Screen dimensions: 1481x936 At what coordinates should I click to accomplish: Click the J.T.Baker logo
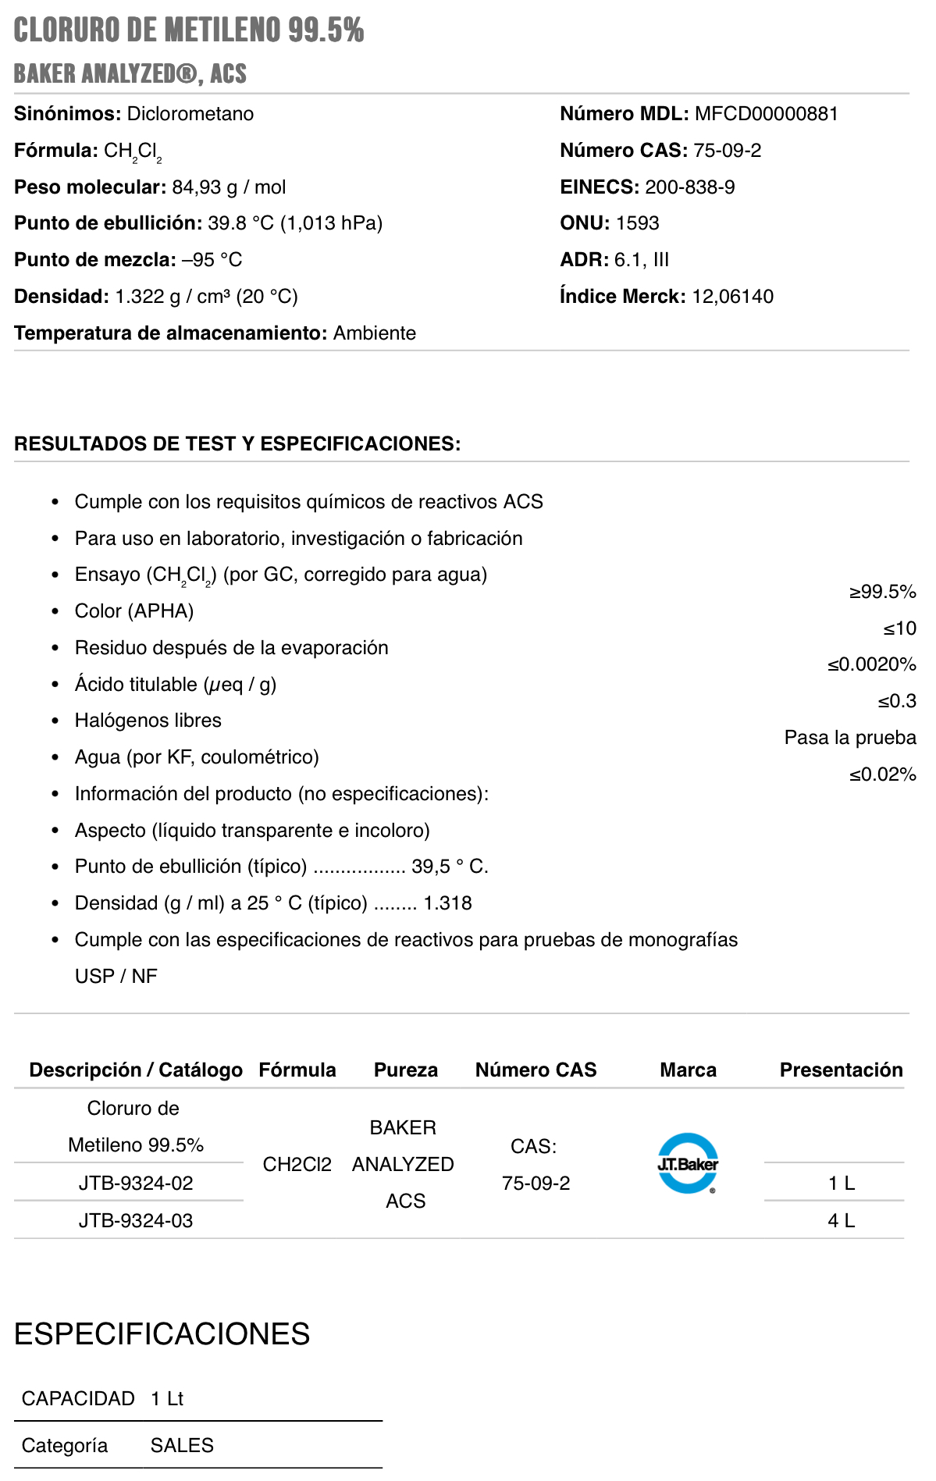[x=688, y=1163]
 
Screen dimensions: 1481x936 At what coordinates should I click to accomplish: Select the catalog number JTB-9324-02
[x=136, y=1183]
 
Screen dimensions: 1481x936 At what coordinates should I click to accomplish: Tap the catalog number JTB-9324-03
[x=136, y=1220]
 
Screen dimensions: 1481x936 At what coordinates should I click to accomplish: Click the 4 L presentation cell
[x=841, y=1220]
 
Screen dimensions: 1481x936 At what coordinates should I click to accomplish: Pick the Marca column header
[x=688, y=1070]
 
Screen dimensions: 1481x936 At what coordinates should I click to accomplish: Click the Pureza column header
[x=405, y=1070]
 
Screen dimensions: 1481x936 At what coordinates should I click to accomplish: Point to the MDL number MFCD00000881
[x=766, y=114]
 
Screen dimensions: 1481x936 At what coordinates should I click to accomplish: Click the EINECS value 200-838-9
[x=689, y=187]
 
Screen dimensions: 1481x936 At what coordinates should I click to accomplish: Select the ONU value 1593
[x=637, y=223]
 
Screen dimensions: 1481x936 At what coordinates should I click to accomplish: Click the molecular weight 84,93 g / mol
[x=229, y=187]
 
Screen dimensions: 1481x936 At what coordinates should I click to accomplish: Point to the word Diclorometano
[x=190, y=114]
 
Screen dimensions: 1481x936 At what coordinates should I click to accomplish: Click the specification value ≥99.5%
[x=882, y=592]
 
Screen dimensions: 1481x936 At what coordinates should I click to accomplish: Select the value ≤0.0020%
[x=871, y=664]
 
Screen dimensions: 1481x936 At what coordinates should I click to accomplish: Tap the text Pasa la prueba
[x=850, y=738]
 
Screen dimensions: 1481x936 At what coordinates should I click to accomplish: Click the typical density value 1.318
[x=447, y=903]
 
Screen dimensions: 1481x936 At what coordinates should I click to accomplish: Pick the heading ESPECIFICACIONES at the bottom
[x=162, y=1334]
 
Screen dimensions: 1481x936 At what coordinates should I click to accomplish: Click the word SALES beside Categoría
[x=182, y=1446]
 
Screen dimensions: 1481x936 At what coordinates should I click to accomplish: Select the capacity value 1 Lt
[x=167, y=1398]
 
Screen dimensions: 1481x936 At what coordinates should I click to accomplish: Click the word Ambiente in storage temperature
[x=375, y=333]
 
